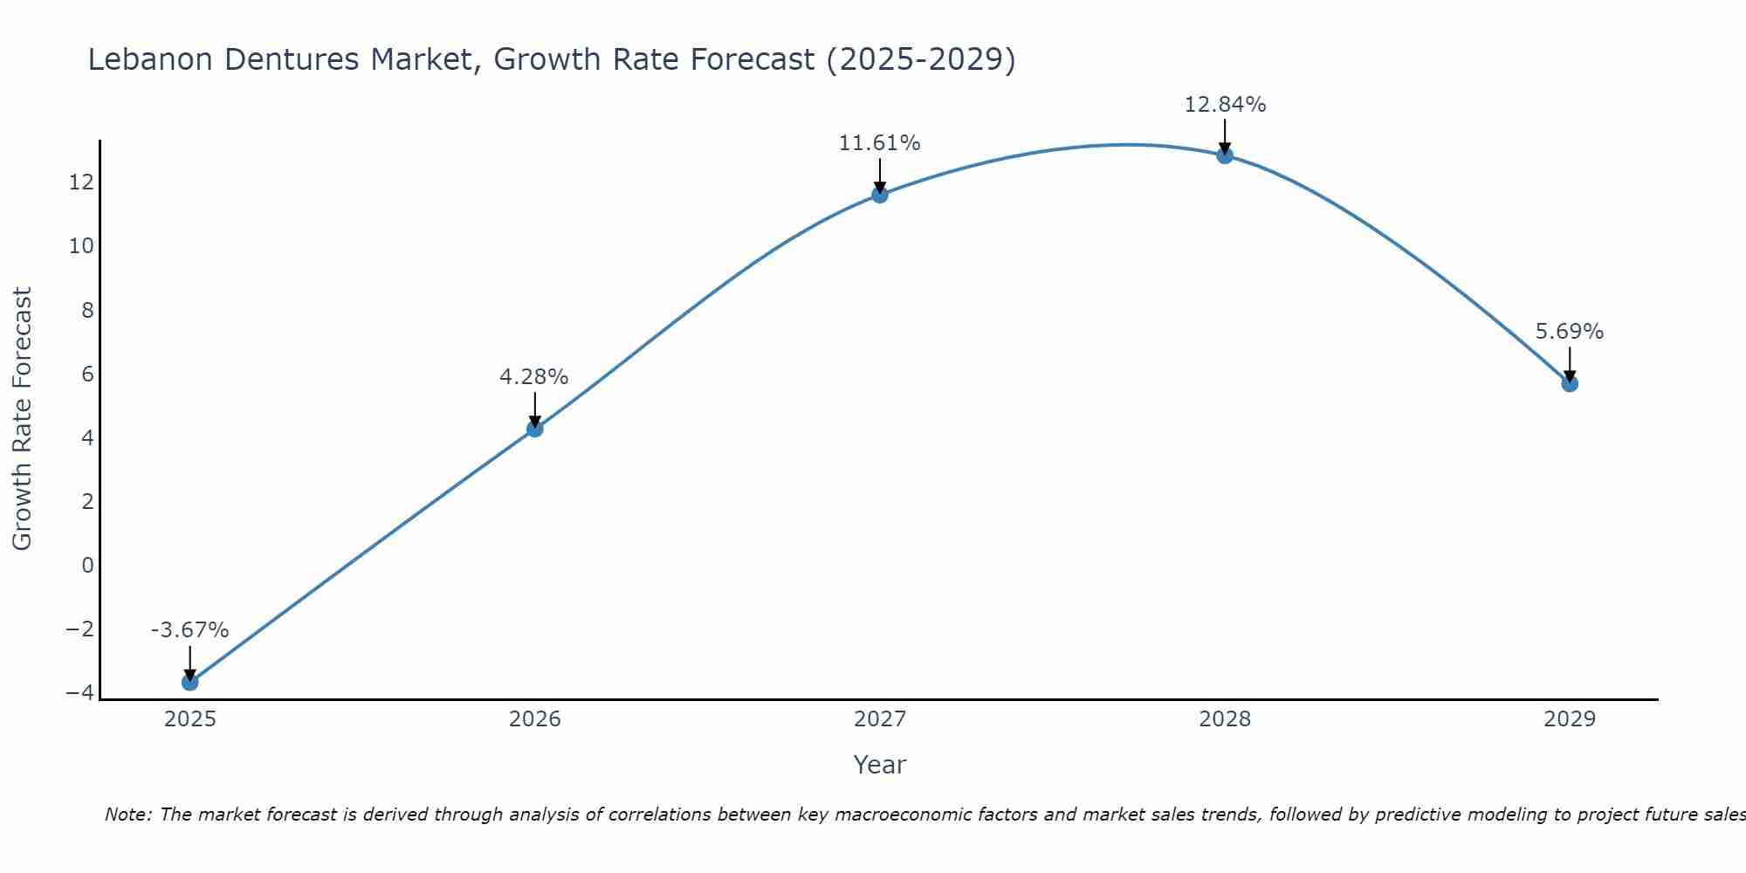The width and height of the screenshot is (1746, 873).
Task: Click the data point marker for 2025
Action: pyautogui.click(x=189, y=682)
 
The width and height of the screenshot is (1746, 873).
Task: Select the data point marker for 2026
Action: pyautogui.click(x=535, y=429)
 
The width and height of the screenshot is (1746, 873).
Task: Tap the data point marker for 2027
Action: pyautogui.click(x=880, y=195)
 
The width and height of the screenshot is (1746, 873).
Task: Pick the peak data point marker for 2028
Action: pyautogui.click(x=1225, y=155)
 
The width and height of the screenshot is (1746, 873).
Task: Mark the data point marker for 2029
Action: pyautogui.click(x=1570, y=383)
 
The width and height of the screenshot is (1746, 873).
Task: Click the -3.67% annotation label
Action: pyautogui.click(x=189, y=630)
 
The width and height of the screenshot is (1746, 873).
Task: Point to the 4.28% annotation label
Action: pyautogui.click(x=534, y=377)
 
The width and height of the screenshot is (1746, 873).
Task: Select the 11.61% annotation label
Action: pyautogui.click(x=880, y=143)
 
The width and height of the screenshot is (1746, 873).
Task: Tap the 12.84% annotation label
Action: pyautogui.click(x=1225, y=105)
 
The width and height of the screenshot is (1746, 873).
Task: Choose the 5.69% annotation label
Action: pyautogui.click(x=1570, y=332)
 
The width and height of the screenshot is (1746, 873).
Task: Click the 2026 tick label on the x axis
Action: pyautogui.click(x=535, y=719)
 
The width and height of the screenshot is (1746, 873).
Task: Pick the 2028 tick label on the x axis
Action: pyautogui.click(x=1225, y=719)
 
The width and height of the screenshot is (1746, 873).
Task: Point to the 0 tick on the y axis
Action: pyautogui.click(x=87, y=565)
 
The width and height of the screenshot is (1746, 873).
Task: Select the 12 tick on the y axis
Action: pyautogui.click(x=81, y=182)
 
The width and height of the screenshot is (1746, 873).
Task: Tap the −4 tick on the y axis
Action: pyautogui.click(x=80, y=692)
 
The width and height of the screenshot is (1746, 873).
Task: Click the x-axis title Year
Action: pyautogui.click(x=880, y=765)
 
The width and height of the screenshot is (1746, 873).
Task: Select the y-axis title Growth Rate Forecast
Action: pyautogui.click(x=23, y=418)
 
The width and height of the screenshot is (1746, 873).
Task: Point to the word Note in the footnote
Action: pyautogui.click(x=128, y=815)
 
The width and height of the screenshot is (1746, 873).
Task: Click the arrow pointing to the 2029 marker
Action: pyautogui.click(x=1570, y=363)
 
